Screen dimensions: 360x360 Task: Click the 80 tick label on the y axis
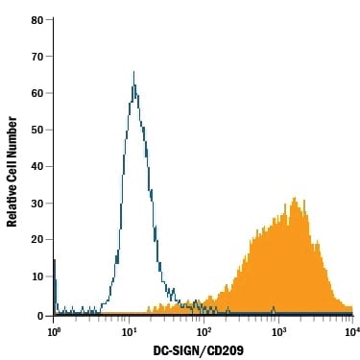coord(36,20)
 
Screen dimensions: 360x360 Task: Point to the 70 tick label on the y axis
coord(36,57)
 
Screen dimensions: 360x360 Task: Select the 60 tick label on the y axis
coord(36,93)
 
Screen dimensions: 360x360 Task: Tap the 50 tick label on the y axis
coord(36,130)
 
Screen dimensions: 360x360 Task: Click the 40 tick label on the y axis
coord(36,167)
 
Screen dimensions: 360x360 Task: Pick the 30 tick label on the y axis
coord(36,204)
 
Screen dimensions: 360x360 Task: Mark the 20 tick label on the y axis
coord(36,240)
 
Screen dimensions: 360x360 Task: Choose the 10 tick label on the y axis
coord(36,276)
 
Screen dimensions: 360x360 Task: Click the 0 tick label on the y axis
coord(39,313)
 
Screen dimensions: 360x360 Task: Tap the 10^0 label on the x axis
coord(55,330)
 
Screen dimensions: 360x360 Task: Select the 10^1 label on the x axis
coord(129,330)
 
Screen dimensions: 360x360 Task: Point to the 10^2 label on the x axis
coord(204,330)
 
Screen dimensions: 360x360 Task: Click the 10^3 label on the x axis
coord(278,330)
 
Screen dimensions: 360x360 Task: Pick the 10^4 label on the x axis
coord(351,330)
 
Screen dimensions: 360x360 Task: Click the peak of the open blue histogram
coord(133,72)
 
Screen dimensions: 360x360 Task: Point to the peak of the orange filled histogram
coord(295,199)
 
